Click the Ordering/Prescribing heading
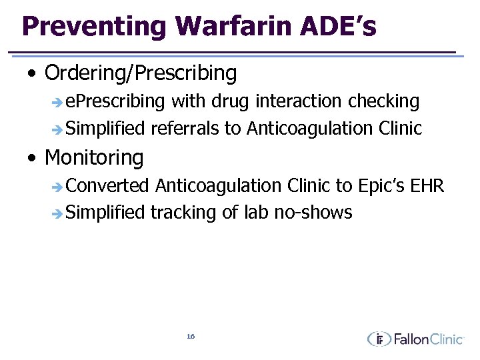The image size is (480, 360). coord(140,73)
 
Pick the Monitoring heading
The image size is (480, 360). coord(94,158)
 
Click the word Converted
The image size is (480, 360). coord(108,186)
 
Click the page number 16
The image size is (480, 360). coord(191,337)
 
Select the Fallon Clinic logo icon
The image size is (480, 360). coord(379,339)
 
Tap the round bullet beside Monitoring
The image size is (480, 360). coord(32,159)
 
